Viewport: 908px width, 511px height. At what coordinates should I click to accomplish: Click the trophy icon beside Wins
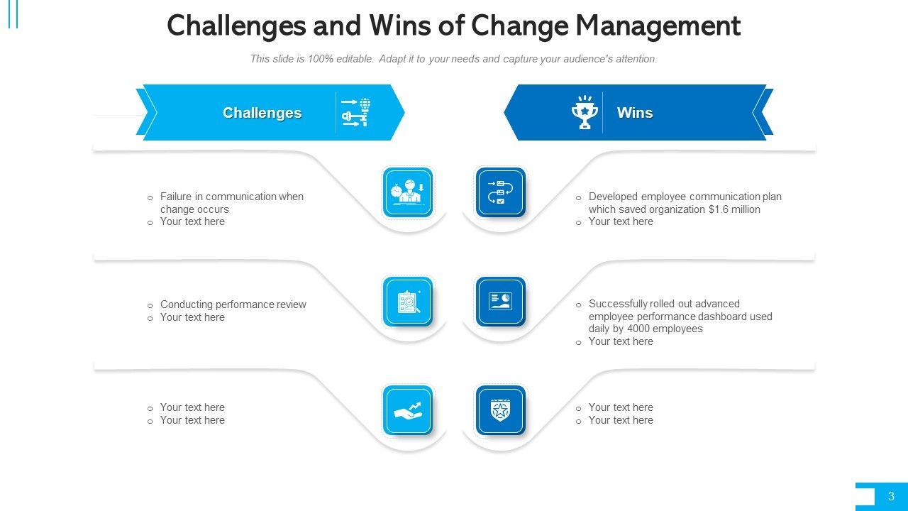point(584,112)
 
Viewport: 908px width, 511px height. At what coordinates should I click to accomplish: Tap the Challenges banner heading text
point(262,113)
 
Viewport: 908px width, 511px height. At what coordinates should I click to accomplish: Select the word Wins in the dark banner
point(635,113)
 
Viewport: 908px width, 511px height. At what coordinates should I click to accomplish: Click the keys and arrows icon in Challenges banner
point(356,112)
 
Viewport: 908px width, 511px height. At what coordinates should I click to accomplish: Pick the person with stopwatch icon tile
point(408,192)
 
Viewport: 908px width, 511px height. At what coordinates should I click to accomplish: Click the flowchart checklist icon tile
point(501,192)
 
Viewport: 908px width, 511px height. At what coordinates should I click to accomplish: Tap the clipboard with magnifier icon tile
point(408,302)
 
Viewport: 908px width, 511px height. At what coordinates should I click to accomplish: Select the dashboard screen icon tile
point(501,302)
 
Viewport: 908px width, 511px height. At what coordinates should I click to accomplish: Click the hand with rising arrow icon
point(408,410)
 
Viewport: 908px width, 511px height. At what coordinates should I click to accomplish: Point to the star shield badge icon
point(501,410)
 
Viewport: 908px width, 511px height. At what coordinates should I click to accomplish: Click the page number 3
point(891,496)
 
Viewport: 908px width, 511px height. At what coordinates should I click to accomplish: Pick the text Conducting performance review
point(233,304)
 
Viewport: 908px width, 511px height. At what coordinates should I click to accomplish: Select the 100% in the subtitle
point(320,59)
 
